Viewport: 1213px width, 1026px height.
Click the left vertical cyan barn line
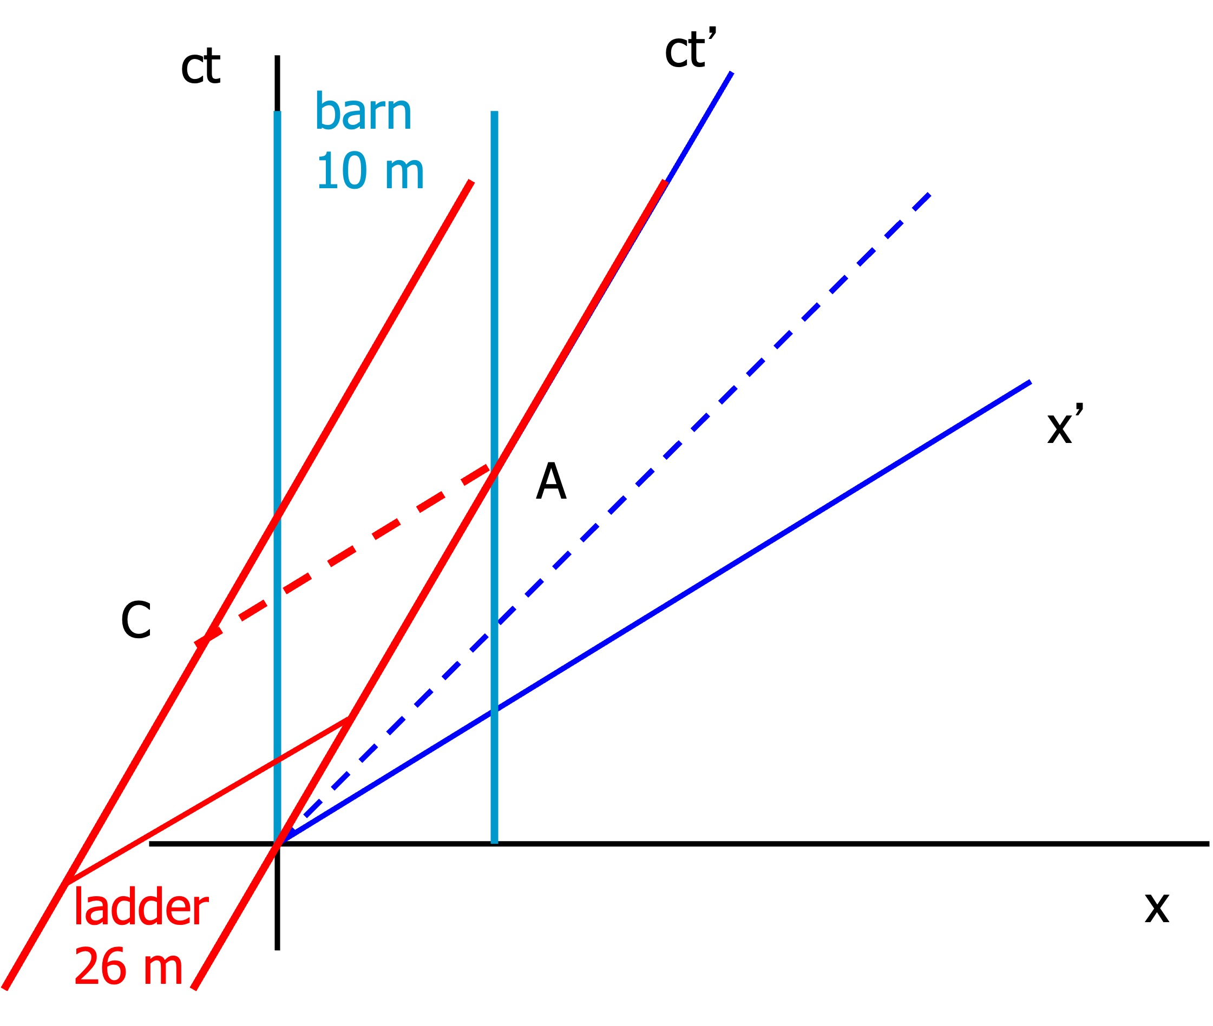(278, 349)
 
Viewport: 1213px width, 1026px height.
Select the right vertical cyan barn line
(494, 291)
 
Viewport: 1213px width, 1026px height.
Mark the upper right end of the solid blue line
(1030, 382)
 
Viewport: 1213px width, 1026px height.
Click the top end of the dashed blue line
(929, 195)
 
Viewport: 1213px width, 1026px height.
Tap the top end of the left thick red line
(471, 182)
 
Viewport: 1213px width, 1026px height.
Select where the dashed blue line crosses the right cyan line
(494, 628)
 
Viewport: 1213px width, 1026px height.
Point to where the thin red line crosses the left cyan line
(278, 758)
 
